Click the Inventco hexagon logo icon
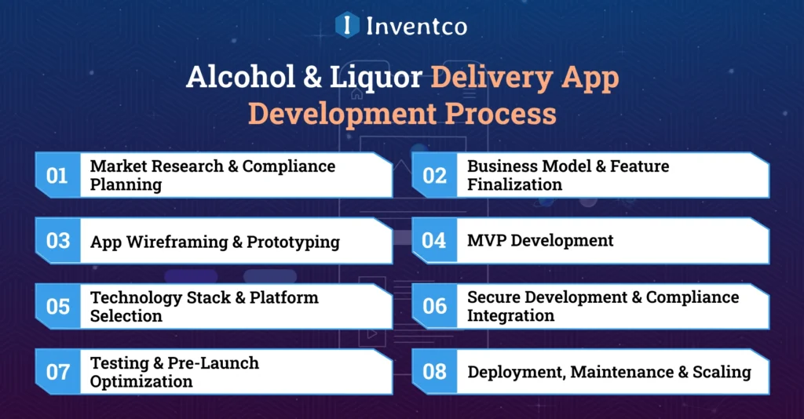pyautogui.click(x=347, y=25)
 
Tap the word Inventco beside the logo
pyautogui.click(x=416, y=26)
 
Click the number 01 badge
pyautogui.click(x=57, y=175)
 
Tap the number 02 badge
pyautogui.click(x=434, y=175)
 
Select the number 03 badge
pyautogui.click(x=57, y=241)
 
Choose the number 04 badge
pyautogui.click(x=434, y=241)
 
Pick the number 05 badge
pyautogui.click(x=57, y=306)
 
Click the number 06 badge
pyautogui.click(x=434, y=306)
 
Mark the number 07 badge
pyautogui.click(x=57, y=371)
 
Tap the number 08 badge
pyautogui.click(x=434, y=371)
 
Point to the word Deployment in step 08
pyautogui.click(x=515, y=372)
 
